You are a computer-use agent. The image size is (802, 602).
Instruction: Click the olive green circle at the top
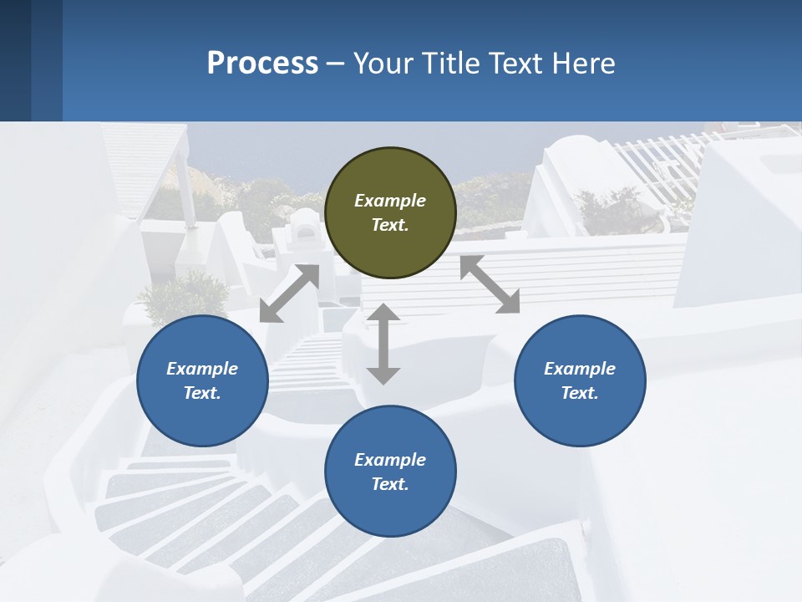(390, 213)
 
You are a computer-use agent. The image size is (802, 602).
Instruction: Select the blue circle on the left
(202, 380)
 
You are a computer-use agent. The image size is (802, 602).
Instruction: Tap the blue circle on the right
(580, 380)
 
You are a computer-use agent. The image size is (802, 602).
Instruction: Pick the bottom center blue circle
(390, 472)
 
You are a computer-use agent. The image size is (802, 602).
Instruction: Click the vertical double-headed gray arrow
(383, 344)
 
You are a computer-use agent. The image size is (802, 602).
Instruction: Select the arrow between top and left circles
(289, 293)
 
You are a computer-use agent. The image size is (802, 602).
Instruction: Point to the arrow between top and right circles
(490, 284)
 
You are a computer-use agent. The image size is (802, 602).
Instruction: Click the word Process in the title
(262, 64)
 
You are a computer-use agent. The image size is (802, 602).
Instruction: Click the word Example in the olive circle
(390, 201)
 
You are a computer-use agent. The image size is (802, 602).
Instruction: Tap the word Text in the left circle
(202, 393)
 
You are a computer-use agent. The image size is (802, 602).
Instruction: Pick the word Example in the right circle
(580, 369)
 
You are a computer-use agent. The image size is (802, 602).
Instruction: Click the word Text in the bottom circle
(390, 484)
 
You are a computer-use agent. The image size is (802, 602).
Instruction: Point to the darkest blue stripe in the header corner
(15, 60)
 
